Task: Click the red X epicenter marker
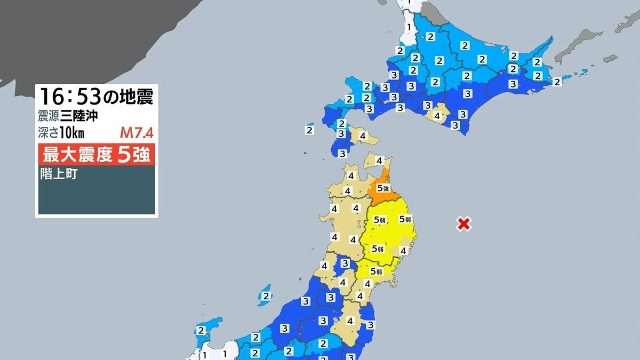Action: pos(464,224)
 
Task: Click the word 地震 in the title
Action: pos(137,97)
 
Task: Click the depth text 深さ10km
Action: pos(61,132)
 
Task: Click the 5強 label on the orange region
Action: pos(382,188)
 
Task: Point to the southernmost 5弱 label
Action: pos(377,271)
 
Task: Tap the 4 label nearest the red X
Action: pos(404,250)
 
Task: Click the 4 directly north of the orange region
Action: pos(379,160)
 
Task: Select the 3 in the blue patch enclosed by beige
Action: pos(345,263)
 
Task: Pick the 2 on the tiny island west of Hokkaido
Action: pos(309,129)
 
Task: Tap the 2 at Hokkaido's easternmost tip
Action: pos(557,82)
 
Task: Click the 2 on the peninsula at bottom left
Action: pos(201,331)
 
